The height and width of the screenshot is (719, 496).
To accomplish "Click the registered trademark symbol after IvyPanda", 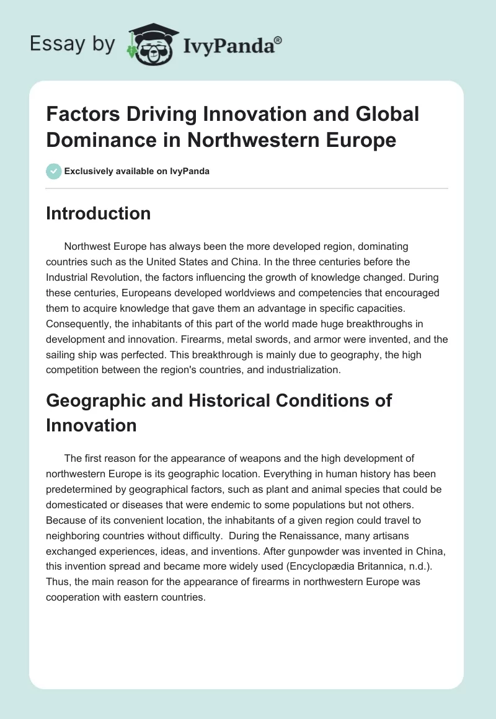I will click(278, 40).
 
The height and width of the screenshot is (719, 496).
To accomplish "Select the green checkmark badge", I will click(54, 171).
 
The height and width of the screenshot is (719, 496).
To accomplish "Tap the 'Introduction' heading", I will click(98, 213).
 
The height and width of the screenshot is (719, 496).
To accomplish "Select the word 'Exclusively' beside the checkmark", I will click(89, 171).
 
